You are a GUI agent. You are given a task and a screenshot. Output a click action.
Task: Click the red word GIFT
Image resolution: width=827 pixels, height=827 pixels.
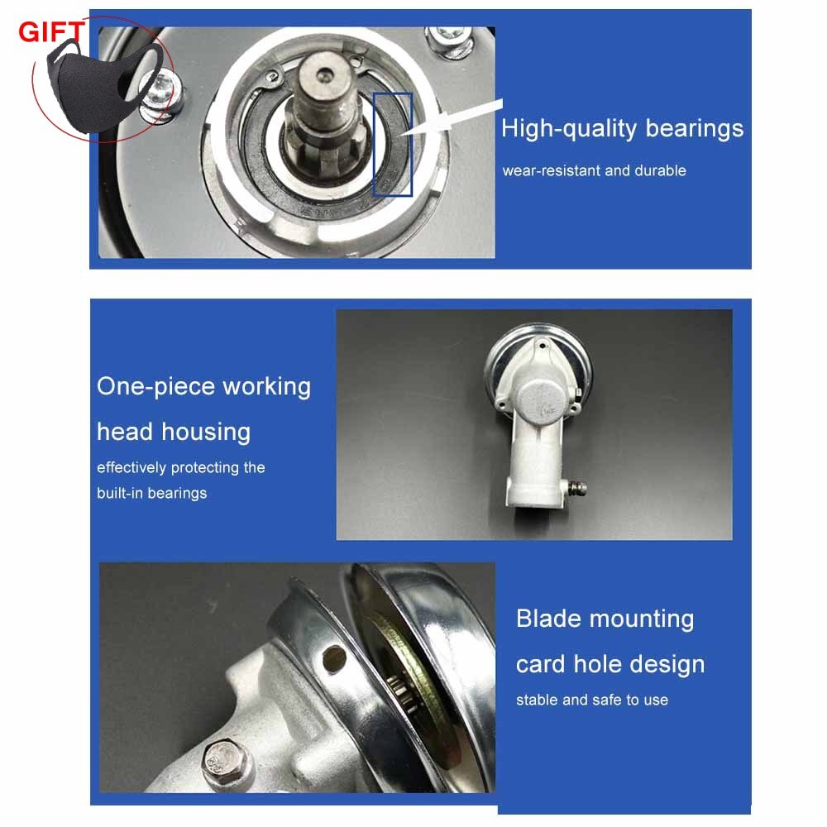point(51,31)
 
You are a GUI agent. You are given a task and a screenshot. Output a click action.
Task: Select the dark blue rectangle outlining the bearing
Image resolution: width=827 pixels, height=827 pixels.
point(392,145)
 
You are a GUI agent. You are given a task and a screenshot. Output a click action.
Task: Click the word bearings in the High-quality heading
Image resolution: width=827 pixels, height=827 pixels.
point(694,130)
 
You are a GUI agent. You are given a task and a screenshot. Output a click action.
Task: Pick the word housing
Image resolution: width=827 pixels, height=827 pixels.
point(206,433)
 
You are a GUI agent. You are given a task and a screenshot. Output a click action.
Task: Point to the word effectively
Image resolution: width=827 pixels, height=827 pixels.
point(131,468)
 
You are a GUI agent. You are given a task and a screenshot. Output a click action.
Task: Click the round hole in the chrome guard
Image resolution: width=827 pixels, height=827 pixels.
point(334,657)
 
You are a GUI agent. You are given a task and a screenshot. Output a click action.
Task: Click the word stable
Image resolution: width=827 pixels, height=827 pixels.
point(537,700)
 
